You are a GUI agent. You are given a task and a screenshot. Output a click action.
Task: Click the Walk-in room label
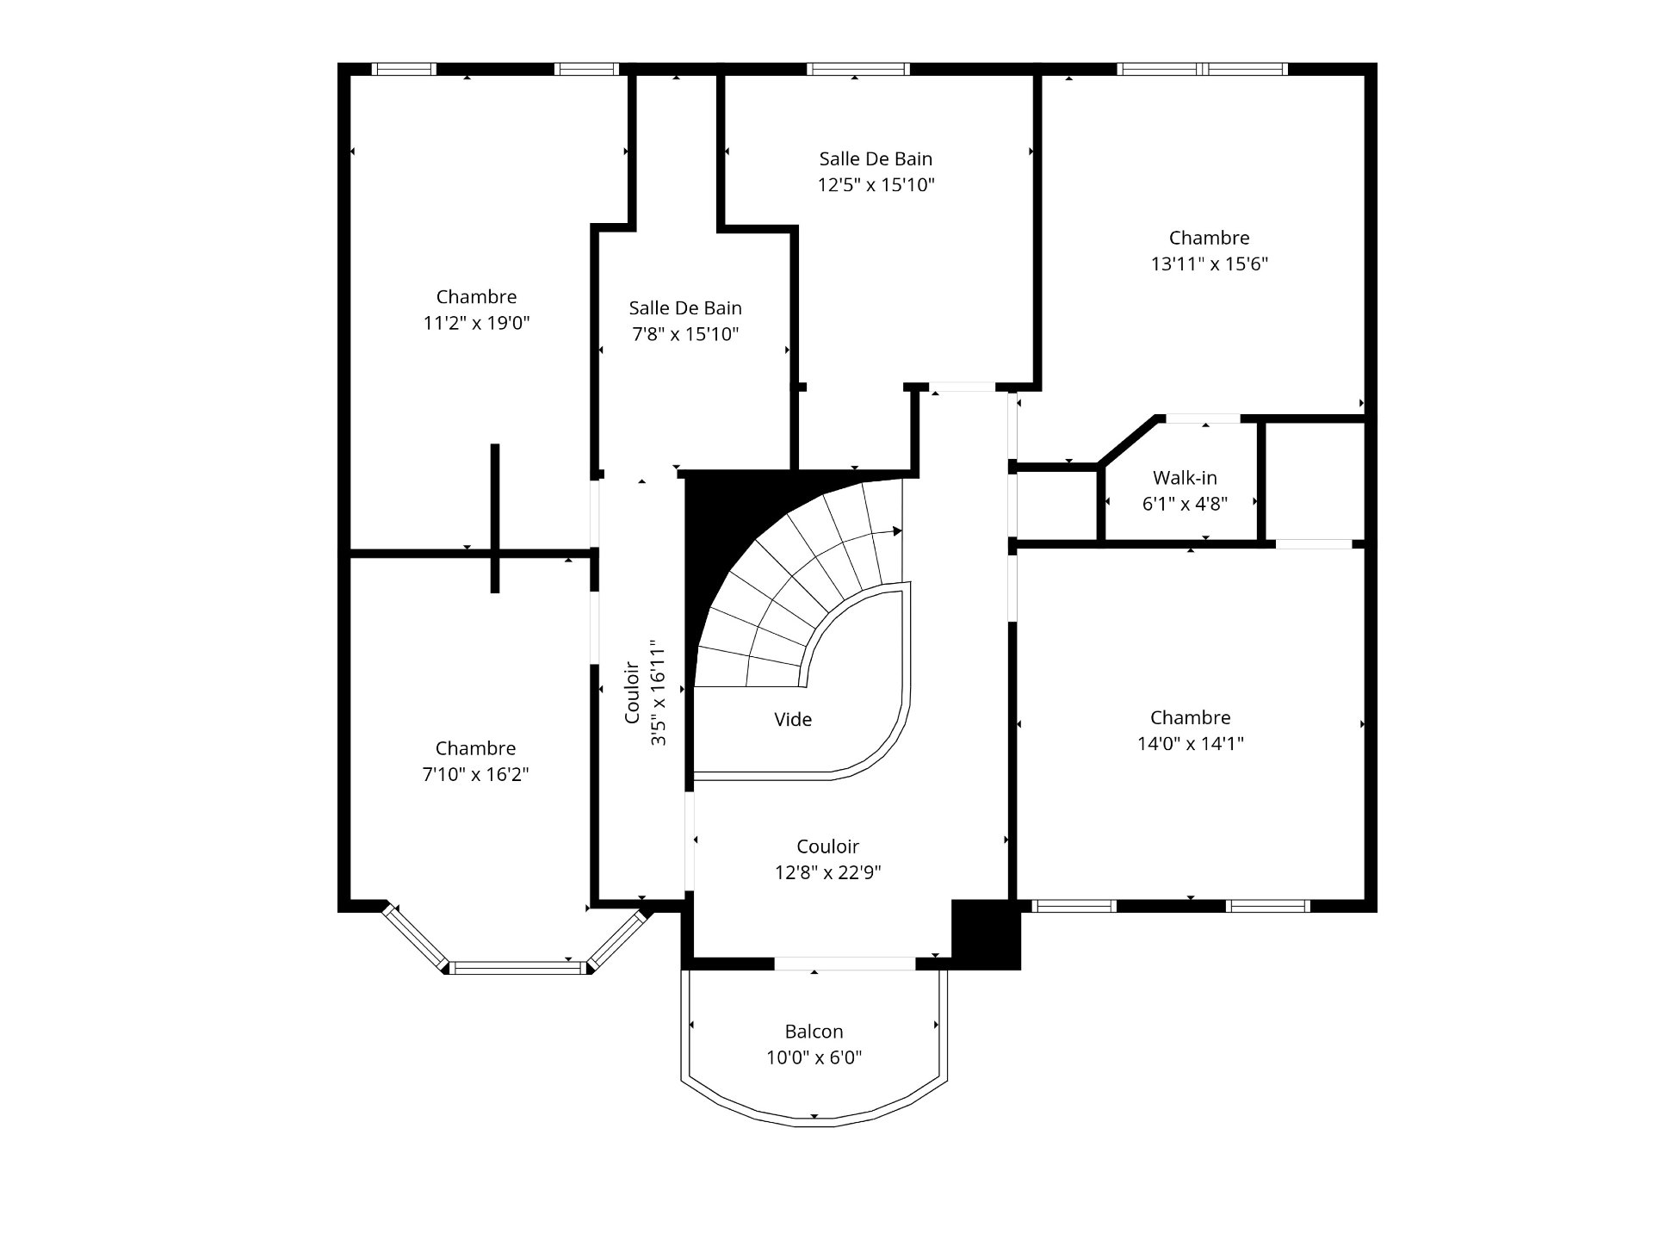[x=1185, y=478]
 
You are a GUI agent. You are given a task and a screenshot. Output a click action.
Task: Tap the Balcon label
[x=814, y=1032]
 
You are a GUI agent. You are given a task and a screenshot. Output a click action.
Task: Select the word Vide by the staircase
[x=793, y=720]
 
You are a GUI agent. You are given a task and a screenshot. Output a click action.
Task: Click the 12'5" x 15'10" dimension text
[x=876, y=185]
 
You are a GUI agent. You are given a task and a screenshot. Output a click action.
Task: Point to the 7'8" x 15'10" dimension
[x=685, y=335]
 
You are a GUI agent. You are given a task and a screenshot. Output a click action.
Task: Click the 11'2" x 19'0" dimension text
[x=476, y=324]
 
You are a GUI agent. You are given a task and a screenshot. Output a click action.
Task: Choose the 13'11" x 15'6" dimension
[x=1210, y=264]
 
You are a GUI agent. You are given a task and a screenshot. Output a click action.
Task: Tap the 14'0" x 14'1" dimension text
[x=1191, y=744]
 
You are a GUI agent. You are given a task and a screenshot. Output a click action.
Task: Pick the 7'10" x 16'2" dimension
[x=475, y=775]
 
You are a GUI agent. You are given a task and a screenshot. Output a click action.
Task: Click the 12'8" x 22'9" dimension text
[x=827, y=873]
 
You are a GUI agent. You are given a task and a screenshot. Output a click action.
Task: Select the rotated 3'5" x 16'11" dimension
[x=659, y=692]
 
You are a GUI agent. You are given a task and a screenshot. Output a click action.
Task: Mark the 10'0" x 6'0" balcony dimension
[x=814, y=1057]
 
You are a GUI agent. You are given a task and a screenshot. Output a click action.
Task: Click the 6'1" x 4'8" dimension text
[x=1185, y=504]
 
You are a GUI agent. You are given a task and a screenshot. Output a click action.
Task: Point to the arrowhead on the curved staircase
[x=897, y=531]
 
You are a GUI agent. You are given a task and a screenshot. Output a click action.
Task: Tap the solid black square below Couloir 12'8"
[x=986, y=934]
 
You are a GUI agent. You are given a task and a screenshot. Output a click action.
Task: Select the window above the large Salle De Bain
[x=857, y=69]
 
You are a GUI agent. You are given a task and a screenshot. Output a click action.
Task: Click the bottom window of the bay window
[x=517, y=968]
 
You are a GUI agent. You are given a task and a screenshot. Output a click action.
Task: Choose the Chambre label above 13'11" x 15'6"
[x=1209, y=239]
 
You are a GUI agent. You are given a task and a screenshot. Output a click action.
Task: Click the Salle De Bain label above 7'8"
[x=685, y=308]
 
